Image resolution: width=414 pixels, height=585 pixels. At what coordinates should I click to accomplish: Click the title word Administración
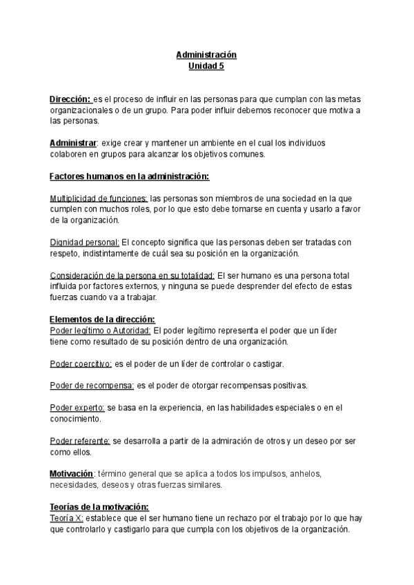click(206, 54)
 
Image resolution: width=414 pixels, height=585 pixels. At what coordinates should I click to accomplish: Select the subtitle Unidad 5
click(206, 66)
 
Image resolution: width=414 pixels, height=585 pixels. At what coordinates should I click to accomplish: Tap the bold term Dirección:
click(70, 99)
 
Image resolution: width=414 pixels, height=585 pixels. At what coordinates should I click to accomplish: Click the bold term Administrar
click(73, 143)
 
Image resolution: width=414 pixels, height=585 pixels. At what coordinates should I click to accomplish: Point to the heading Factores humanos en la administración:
click(130, 177)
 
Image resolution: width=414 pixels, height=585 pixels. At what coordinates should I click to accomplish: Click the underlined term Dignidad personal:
click(85, 242)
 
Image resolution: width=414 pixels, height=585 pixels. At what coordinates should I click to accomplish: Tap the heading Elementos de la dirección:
click(103, 319)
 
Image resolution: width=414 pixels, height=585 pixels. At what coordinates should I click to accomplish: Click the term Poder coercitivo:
click(81, 363)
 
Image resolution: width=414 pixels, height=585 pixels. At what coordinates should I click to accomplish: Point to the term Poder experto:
click(77, 407)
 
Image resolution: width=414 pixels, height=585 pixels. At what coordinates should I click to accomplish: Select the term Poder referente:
click(80, 440)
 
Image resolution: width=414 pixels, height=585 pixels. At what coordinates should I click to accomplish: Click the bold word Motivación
click(71, 474)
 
